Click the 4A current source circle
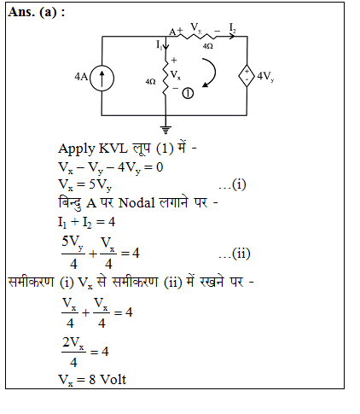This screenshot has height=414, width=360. click(x=102, y=78)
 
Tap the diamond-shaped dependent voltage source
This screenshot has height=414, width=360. click(x=247, y=76)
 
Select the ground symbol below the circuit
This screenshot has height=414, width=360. click(x=165, y=130)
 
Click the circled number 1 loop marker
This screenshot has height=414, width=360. click(x=188, y=93)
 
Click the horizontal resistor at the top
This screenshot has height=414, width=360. click(x=197, y=36)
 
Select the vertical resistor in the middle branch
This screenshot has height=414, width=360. click(x=165, y=77)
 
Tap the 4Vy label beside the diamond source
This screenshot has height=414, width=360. click(x=265, y=76)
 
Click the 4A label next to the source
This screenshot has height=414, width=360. click(x=81, y=77)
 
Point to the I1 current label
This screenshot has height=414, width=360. click(x=159, y=44)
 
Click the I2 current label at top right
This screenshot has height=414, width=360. click(x=232, y=28)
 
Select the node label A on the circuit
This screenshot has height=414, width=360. click(x=172, y=32)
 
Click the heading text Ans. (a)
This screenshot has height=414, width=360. click(x=37, y=12)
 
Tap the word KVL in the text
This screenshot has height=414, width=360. click(x=113, y=149)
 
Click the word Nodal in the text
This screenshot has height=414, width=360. click(x=136, y=203)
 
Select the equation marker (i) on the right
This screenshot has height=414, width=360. click(x=232, y=184)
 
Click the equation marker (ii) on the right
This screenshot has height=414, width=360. click(x=235, y=254)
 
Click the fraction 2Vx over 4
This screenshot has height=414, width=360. click(x=73, y=352)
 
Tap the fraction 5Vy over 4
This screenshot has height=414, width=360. click(x=73, y=253)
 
